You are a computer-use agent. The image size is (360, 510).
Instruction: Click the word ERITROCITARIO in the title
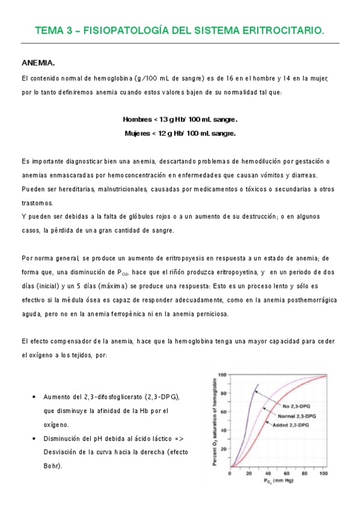tap(282, 31)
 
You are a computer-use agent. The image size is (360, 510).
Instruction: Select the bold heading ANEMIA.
tap(38, 63)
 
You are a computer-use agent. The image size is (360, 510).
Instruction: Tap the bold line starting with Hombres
tap(180, 119)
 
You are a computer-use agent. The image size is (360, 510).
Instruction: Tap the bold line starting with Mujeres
tap(180, 134)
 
